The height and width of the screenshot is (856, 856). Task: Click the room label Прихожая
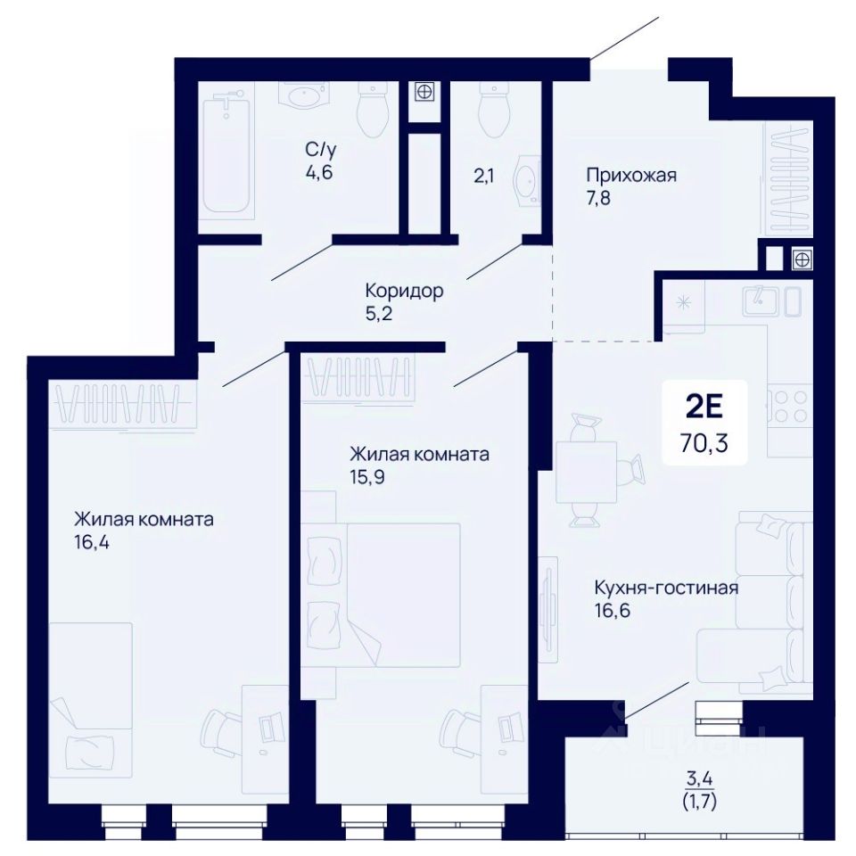coord(631,176)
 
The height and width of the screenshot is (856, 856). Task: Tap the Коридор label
coord(404,291)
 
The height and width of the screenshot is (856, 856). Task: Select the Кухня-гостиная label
coord(666,588)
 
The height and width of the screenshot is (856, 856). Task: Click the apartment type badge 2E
coord(704,407)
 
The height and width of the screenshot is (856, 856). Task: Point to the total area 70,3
coord(704,443)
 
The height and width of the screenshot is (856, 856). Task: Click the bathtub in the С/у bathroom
coord(227,155)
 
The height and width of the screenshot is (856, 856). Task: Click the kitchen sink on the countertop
coord(771,301)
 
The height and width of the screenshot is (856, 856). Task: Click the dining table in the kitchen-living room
coord(586,472)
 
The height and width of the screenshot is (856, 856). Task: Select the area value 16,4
coord(92,543)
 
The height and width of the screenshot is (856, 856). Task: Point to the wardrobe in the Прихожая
coord(789,179)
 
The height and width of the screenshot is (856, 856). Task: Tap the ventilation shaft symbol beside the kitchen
coord(802,259)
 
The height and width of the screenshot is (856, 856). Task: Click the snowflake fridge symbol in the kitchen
coord(683,302)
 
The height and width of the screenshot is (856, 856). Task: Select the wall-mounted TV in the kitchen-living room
coord(547,609)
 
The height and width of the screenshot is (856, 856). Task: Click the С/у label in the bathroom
coord(321,149)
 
